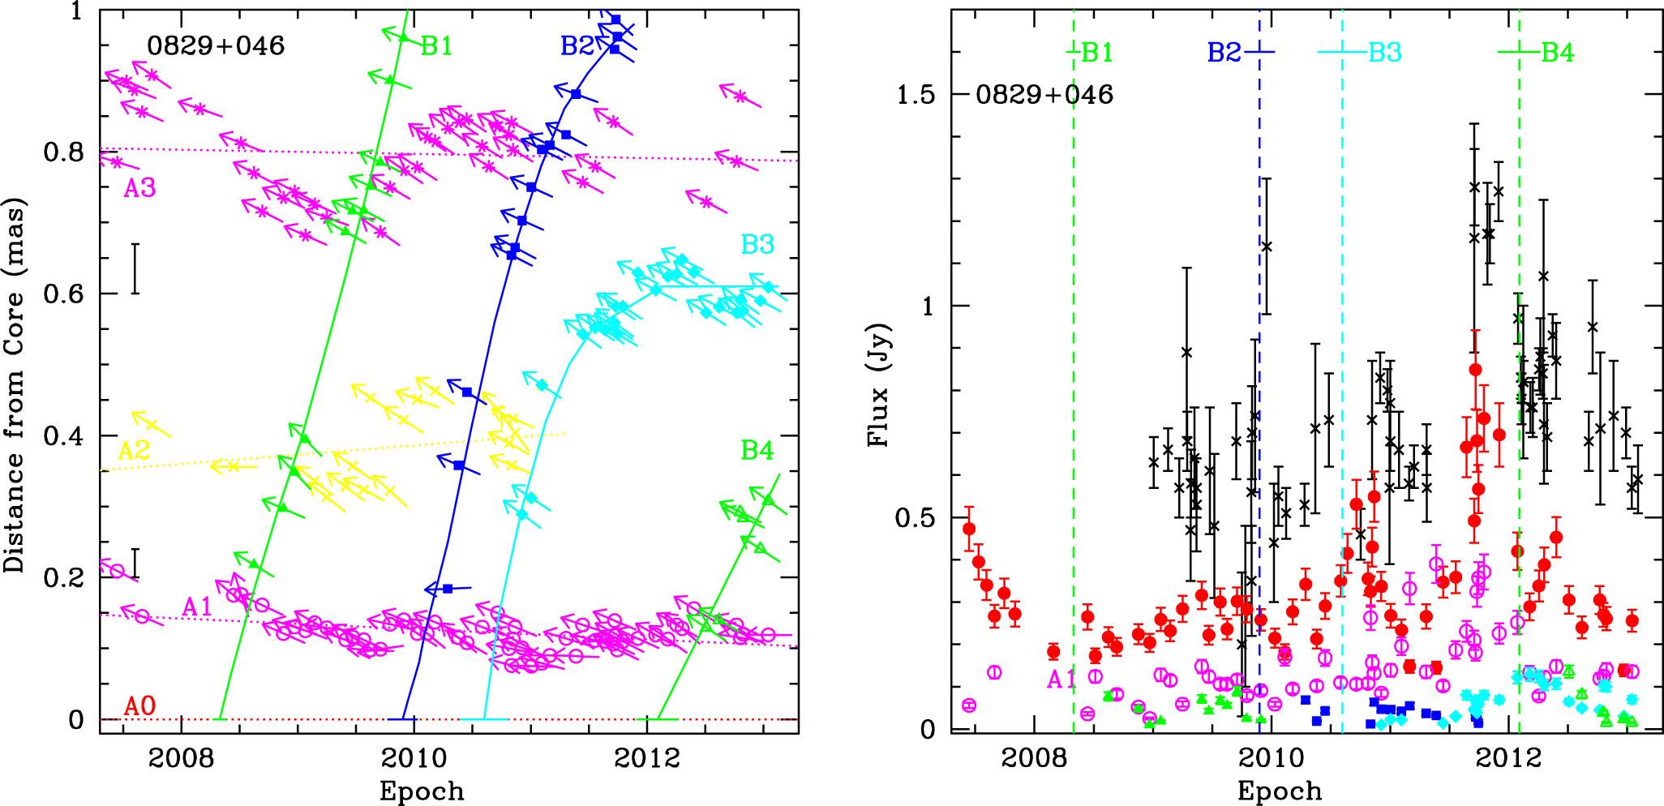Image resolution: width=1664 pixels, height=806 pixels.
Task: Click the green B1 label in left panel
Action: click(437, 46)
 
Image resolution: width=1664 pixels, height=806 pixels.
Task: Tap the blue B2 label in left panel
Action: click(577, 46)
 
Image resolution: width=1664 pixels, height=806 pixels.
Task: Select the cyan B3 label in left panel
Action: click(757, 244)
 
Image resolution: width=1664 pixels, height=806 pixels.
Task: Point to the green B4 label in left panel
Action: click(757, 450)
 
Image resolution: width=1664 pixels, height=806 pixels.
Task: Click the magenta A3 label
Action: click(139, 189)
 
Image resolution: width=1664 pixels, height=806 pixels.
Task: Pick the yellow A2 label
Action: click(134, 451)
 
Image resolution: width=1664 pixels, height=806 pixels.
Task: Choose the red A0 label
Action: click(139, 706)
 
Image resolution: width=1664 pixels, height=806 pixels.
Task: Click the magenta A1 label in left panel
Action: click(197, 607)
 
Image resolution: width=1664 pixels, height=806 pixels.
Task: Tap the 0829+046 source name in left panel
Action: click(216, 46)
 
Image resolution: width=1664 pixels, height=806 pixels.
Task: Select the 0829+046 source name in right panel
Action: click(1044, 95)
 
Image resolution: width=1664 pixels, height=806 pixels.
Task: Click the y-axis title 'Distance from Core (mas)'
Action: click(15, 385)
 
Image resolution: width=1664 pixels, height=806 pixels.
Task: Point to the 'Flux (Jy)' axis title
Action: click(878, 385)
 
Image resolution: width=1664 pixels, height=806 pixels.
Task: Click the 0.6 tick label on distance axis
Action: click(63, 294)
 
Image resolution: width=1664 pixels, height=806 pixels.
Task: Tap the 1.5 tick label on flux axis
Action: click(917, 95)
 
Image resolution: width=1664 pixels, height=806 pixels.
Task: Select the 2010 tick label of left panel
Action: click(414, 759)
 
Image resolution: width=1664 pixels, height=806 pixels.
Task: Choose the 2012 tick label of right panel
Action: click(1508, 759)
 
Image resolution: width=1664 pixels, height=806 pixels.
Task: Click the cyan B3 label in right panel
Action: click(1385, 53)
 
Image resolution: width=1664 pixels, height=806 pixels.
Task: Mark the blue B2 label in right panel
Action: click(1224, 53)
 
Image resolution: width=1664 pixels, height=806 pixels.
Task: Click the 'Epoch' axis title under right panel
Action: click(1280, 791)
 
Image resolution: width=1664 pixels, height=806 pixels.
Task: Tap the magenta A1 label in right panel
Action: click(1061, 680)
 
